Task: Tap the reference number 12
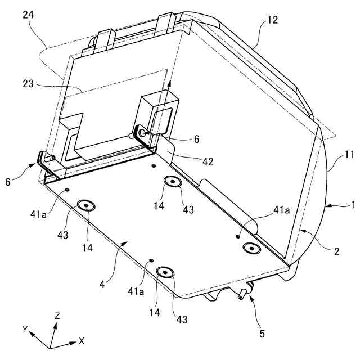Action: click(x=272, y=21)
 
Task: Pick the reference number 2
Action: click(x=336, y=251)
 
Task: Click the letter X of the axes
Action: click(x=82, y=340)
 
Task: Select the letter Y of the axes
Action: click(x=25, y=328)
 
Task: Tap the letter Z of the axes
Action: click(x=57, y=316)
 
